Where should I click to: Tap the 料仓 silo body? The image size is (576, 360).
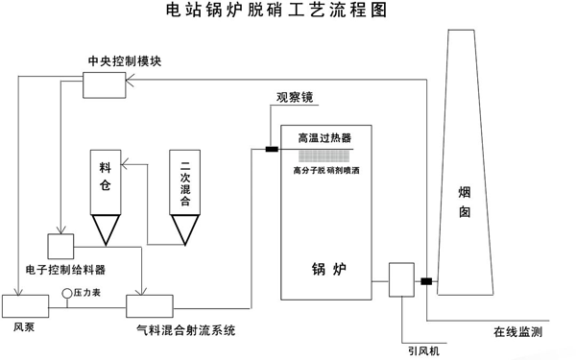[106, 180]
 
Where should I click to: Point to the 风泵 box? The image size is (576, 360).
[19, 306]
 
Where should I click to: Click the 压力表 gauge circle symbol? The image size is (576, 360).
[66, 291]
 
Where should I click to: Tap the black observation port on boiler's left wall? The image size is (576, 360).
[272, 148]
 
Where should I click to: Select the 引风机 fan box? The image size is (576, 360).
[400, 279]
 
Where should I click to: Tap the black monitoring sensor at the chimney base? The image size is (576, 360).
[426, 281]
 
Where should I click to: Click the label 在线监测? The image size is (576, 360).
[519, 332]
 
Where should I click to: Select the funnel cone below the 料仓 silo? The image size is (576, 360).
[106, 227]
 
